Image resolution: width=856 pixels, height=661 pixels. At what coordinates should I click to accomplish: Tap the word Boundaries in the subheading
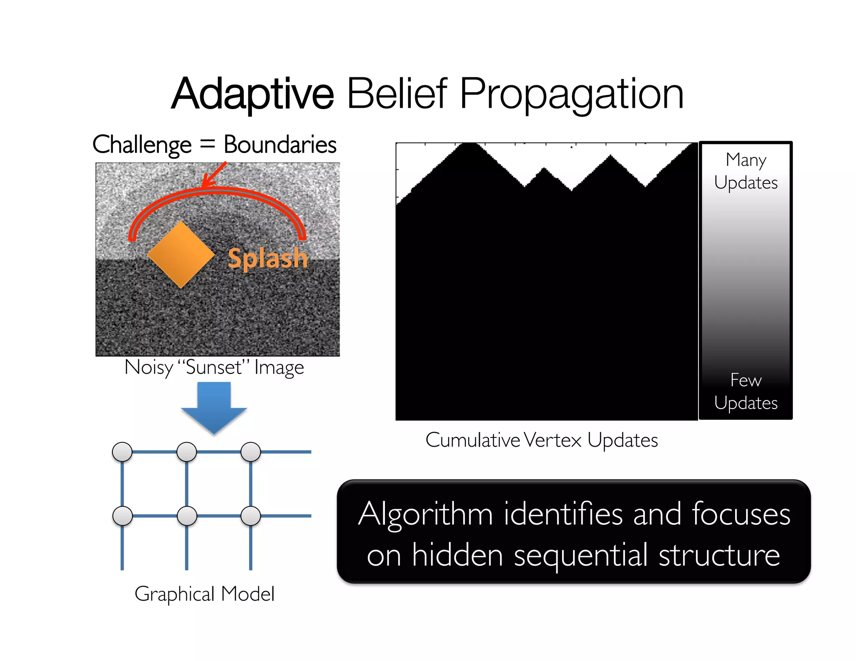(x=280, y=145)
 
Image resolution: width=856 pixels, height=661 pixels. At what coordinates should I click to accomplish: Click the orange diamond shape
(x=181, y=254)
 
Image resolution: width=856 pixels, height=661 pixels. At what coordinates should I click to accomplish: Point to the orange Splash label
(x=267, y=258)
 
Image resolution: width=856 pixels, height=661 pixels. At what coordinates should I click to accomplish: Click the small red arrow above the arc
(x=214, y=174)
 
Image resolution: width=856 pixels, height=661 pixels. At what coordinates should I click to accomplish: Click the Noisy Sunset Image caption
(x=214, y=368)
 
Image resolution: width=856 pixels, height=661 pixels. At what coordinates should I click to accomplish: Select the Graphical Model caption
(x=204, y=594)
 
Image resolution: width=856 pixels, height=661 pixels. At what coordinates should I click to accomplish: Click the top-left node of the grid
(x=122, y=452)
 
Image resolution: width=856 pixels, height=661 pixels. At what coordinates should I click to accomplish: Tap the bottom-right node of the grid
(x=251, y=516)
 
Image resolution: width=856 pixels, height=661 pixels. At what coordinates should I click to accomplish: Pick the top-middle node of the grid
(x=187, y=452)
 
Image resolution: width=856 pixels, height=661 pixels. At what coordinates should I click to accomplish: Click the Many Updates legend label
(x=746, y=171)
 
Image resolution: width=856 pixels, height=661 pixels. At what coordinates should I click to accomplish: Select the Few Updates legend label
(x=746, y=392)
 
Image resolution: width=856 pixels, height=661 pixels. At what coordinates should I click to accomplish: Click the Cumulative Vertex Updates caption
(x=542, y=440)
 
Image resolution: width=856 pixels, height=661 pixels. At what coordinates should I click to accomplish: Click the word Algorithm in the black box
(x=425, y=514)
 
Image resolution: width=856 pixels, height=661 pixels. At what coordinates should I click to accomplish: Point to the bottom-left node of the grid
(x=122, y=516)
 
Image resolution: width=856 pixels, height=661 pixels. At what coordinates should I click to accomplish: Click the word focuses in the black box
(x=741, y=514)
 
